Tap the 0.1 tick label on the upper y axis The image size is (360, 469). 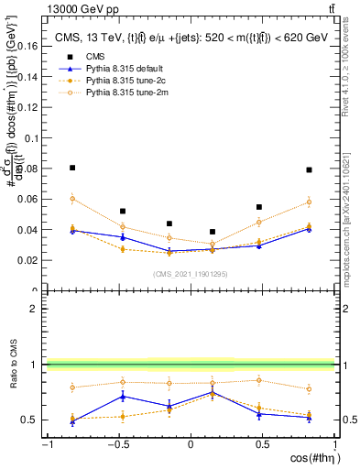(x=29, y=137)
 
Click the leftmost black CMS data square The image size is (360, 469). (x=72, y=168)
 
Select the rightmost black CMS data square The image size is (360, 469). (x=310, y=169)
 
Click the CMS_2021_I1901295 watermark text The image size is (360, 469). (x=191, y=274)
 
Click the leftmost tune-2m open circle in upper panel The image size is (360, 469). (x=72, y=198)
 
